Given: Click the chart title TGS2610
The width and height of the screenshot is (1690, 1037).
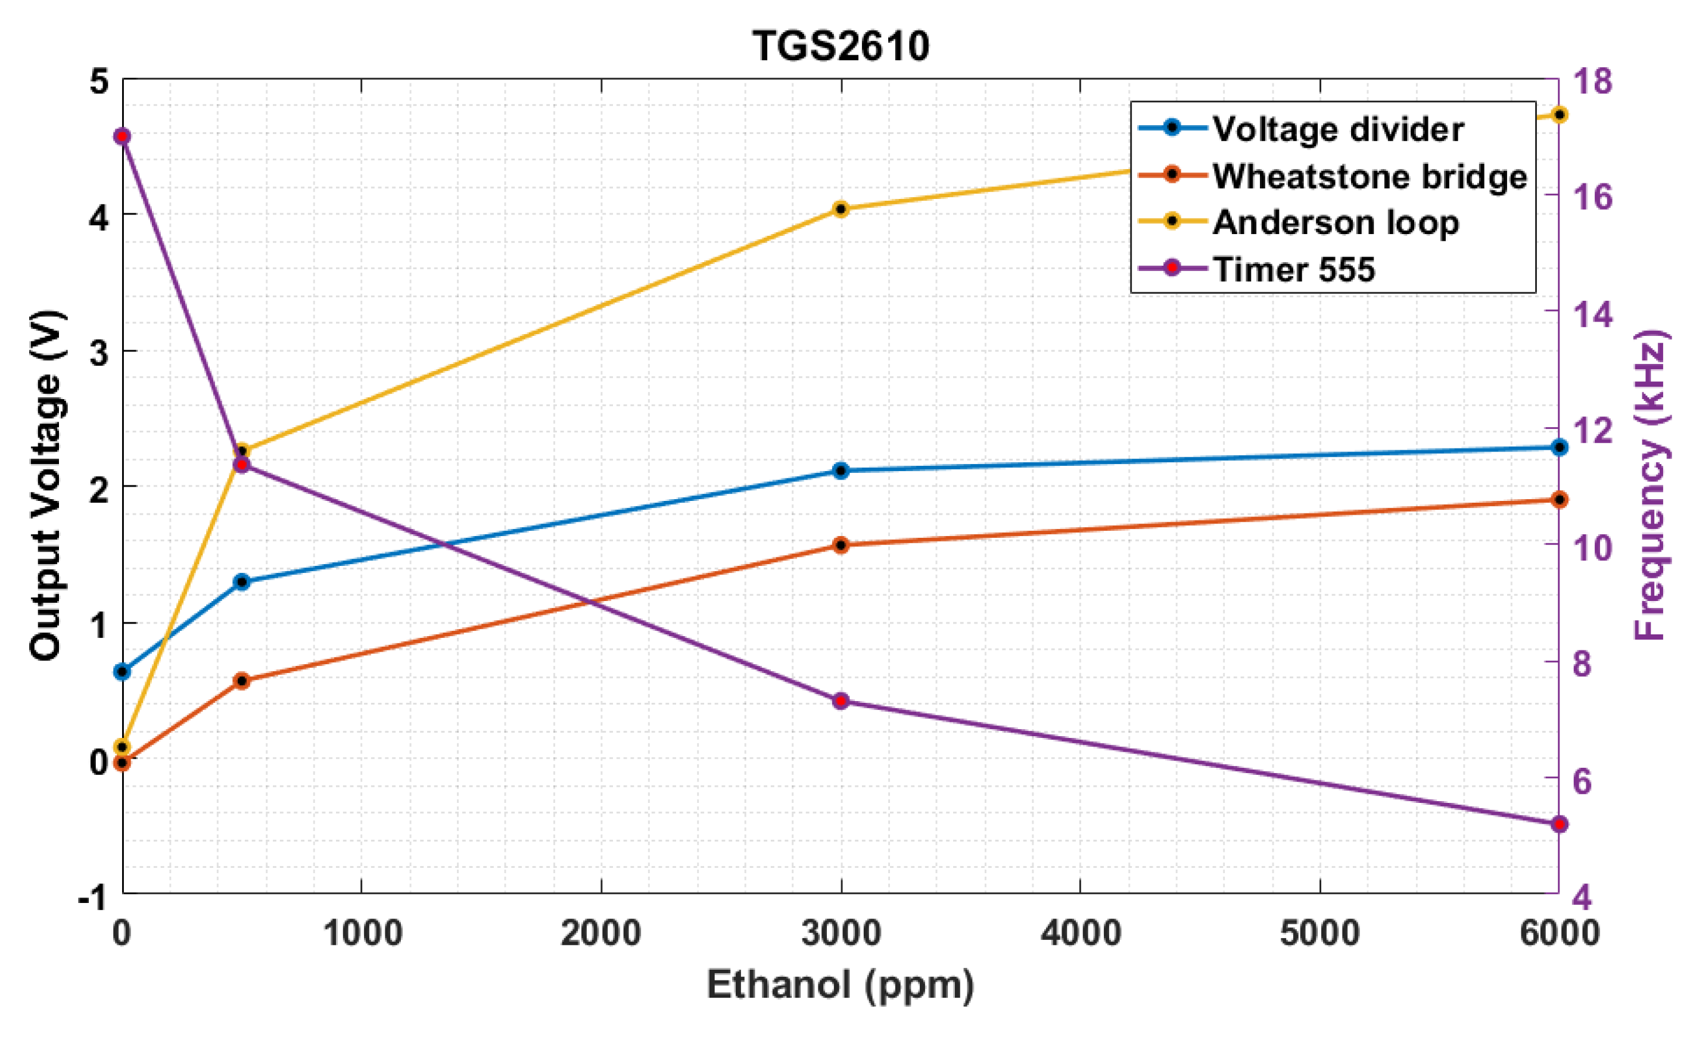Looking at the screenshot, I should [x=841, y=46].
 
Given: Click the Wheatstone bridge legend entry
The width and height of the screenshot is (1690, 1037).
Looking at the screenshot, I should [x=1369, y=176].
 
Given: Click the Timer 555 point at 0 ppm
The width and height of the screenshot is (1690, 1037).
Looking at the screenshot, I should [x=123, y=137].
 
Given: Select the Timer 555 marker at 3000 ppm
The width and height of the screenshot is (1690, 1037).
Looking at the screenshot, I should [x=841, y=701].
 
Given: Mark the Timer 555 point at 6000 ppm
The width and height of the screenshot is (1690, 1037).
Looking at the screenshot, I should [x=1559, y=824].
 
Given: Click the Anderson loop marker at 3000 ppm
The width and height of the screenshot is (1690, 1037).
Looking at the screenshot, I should [x=841, y=209].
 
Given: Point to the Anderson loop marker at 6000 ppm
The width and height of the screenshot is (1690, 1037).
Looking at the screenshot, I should [x=1559, y=114].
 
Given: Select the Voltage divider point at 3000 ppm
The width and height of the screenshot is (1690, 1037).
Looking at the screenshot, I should [x=841, y=471].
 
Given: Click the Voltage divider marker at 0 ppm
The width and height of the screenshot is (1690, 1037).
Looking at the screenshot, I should [x=123, y=671].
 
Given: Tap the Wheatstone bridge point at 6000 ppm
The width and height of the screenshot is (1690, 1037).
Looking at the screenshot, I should [x=1559, y=499].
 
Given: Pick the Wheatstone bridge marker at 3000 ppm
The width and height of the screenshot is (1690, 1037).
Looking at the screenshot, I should [x=841, y=545].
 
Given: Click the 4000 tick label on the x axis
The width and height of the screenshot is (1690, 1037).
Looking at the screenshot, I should [x=1080, y=933].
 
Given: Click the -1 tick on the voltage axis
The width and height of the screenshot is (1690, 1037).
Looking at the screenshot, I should [x=94, y=896].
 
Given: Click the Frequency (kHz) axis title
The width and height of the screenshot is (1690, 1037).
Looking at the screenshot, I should [x=1649, y=485].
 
